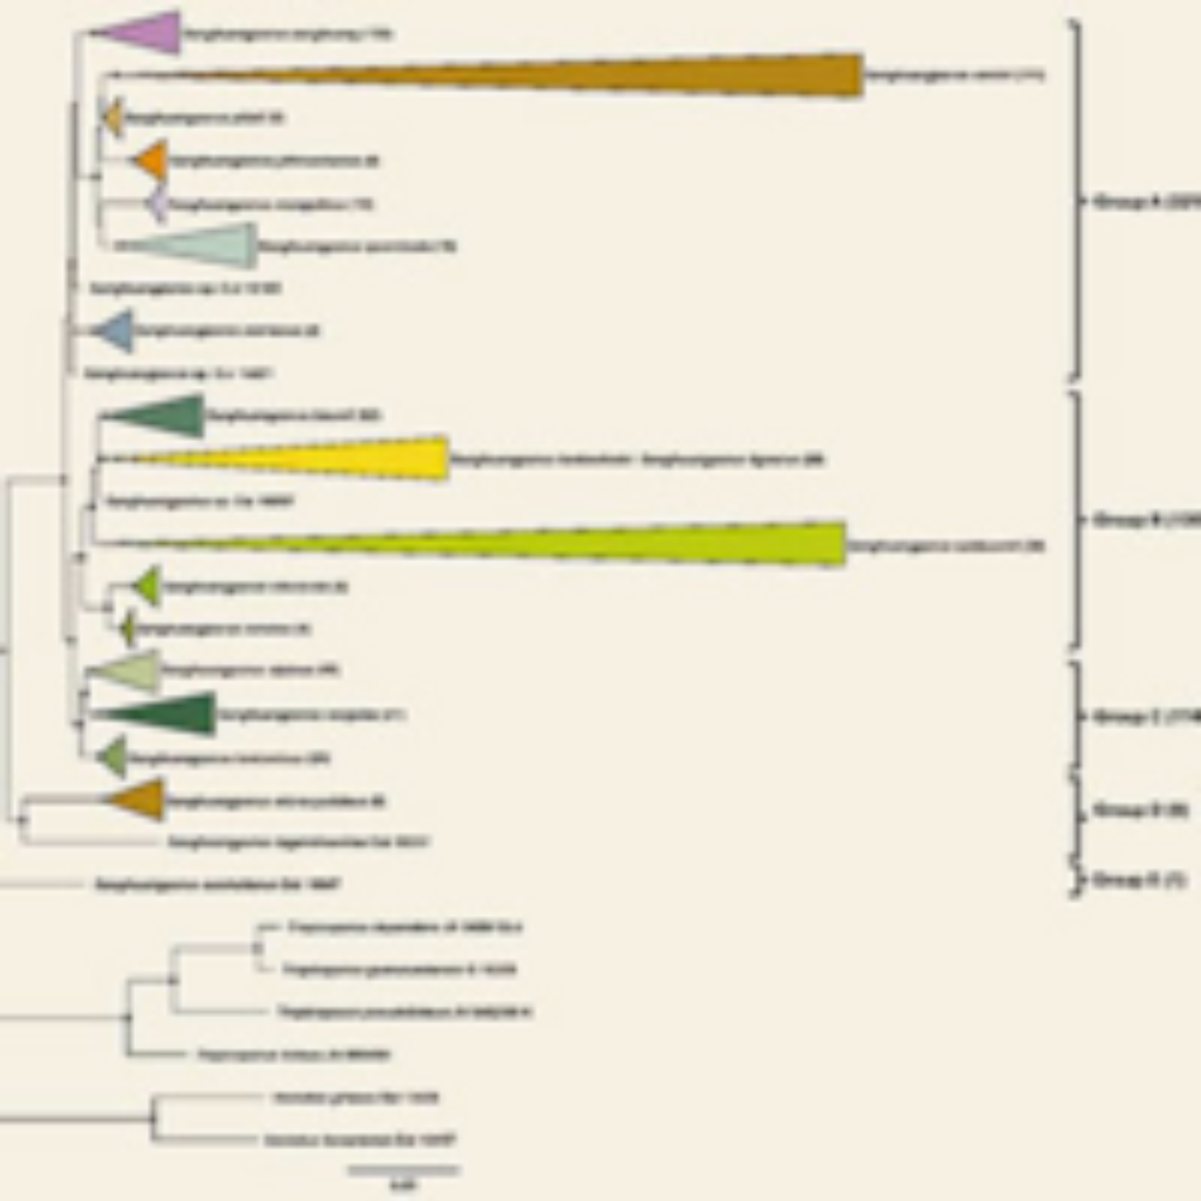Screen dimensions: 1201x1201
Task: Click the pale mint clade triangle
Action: click(211, 246)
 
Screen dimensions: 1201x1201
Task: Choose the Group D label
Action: click(1141, 811)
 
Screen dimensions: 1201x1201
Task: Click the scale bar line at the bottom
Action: click(404, 1170)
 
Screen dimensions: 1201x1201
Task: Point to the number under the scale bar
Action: click(404, 1185)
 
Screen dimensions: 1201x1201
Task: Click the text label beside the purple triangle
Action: click(286, 35)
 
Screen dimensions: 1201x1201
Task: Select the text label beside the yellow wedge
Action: click(637, 461)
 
